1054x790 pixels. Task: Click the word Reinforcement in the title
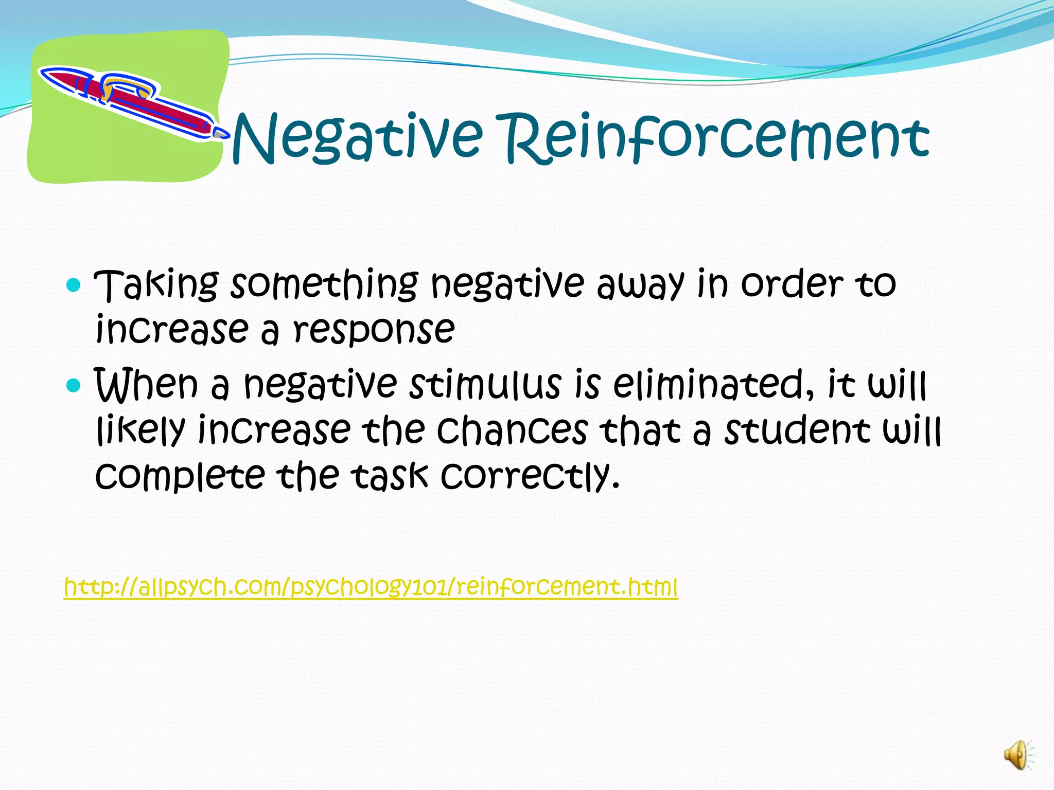click(x=715, y=138)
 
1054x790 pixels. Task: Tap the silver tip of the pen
click(x=221, y=133)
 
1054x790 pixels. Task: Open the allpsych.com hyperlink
click(x=371, y=587)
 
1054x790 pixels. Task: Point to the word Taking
click(x=157, y=284)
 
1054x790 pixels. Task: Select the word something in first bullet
click(x=324, y=284)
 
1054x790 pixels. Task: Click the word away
click(x=641, y=284)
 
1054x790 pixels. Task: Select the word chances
click(x=512, y=430)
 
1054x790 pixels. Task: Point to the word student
click(x=798, y=430)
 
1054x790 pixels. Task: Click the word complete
click(x=180, y=476)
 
